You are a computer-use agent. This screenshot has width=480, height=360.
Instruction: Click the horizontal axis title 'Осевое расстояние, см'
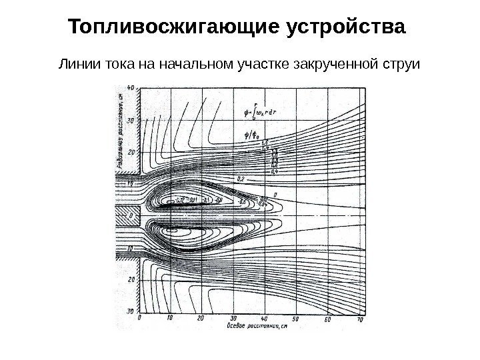[x=257, y=327]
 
